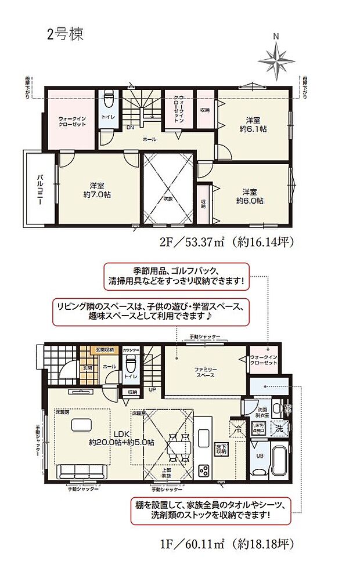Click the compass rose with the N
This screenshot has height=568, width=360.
coord(277,59)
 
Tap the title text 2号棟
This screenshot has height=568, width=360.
coord(65,34)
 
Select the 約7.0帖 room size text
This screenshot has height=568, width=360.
coord(96,194)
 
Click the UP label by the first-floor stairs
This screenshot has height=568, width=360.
coord(152,389)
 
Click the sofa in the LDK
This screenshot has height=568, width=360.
coord(81,471)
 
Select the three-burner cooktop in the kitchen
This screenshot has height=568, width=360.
coord(204,470)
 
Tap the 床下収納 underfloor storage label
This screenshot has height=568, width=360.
coord(220,448)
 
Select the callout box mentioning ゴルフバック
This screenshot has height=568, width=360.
coord(176,276)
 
